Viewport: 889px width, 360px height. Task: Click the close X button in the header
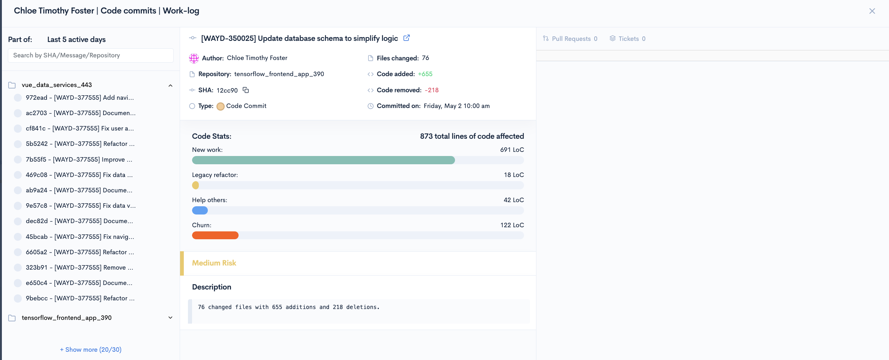click(x=872, y=11)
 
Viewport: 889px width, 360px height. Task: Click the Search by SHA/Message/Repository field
click(x=91, y=55)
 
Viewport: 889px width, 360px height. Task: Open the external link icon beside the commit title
click(x=406, y=38)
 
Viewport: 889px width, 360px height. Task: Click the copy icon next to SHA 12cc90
click(x=246, y=90)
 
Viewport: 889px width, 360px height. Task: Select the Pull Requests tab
click(x=570, y=39)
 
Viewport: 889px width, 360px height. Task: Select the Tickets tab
click(x=628, y=39)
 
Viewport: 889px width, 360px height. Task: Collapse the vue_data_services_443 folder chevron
click(x=170, y=85)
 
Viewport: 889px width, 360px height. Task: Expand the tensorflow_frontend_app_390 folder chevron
click(x=170, y=318)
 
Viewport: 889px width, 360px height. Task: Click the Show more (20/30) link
click(x=91, y=349)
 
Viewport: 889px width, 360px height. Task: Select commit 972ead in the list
click(x=80, y=97)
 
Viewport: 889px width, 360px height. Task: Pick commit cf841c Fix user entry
click(x=80, y=128)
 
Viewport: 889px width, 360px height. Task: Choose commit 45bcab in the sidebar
click(x=80, y=237)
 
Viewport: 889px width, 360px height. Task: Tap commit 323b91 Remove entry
click(x=80, y=267)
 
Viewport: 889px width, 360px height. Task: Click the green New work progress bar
click(x=323, y=160)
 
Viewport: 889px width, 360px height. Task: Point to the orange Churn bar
click(x=215, y=235)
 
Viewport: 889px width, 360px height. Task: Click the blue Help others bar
click(x=200, y=210)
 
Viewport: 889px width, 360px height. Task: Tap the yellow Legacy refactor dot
click(x=195, y=185)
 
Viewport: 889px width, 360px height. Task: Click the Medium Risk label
click(x=214, y=263)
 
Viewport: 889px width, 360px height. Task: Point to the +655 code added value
click(x=425, y=74)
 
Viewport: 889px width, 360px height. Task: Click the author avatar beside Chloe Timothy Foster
click(x=194, y=58)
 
